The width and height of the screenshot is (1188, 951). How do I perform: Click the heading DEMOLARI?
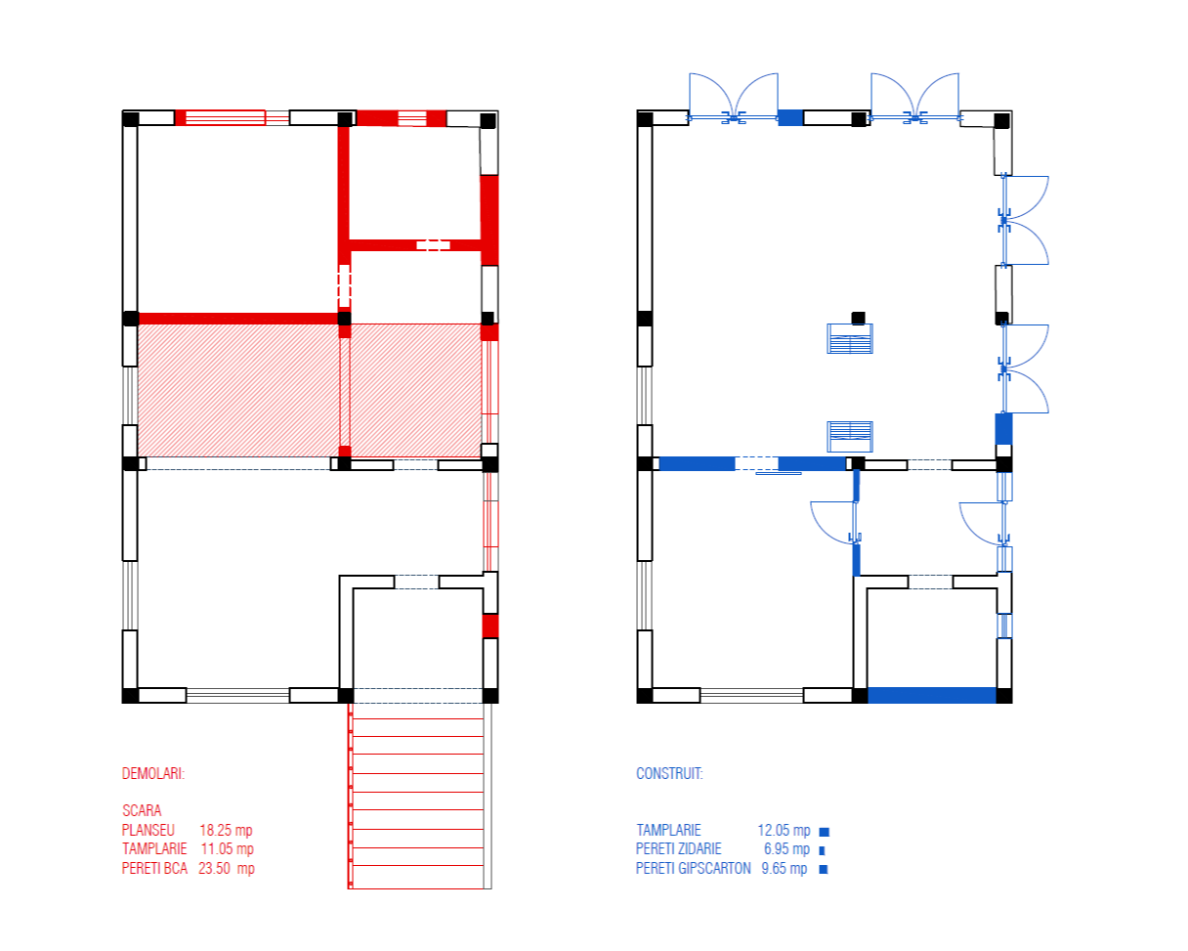(153, 774)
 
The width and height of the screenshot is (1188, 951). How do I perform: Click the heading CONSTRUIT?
(669, 774)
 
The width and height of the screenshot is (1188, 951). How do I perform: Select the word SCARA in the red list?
(142, 810)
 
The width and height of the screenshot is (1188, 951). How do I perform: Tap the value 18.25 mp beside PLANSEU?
(226, 830)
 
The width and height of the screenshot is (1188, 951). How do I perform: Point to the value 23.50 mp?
(226, 868)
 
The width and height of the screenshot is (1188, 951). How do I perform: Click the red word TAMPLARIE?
(154, 848)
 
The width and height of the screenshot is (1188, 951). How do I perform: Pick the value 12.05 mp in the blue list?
(784, 831)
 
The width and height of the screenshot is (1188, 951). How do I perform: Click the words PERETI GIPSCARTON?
(693, 868)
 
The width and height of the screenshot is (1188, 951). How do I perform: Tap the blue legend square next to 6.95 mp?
(822, 850)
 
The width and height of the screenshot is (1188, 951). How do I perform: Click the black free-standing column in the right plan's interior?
(858, 318)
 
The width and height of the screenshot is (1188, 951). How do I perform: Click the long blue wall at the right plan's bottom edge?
(932, 695)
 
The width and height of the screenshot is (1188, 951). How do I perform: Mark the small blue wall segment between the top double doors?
(789, 118)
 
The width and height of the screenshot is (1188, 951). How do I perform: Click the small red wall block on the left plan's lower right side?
(490, 626)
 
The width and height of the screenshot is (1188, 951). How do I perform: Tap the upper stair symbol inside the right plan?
(850, 339)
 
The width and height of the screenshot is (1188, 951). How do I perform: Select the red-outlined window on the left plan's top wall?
(225, 118)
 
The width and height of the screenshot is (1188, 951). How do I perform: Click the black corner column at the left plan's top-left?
(130, 118)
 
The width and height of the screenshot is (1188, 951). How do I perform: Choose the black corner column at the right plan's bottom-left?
(644, 696)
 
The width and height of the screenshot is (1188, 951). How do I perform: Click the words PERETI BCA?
(154, 868)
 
